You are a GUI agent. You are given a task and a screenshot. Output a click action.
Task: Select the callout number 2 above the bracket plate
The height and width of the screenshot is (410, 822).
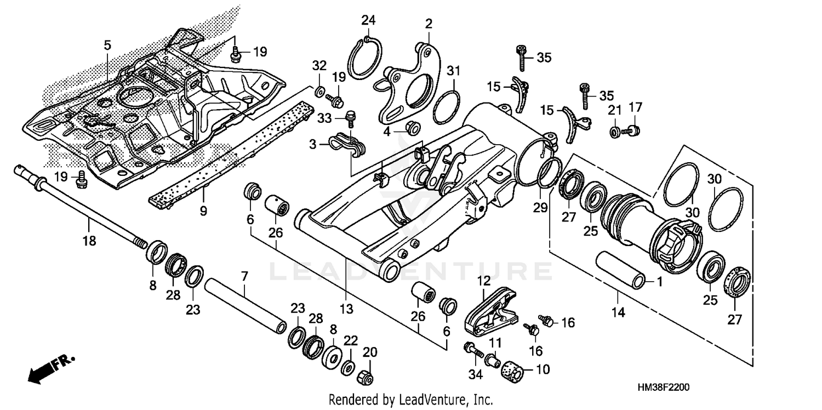[x=428, y=24]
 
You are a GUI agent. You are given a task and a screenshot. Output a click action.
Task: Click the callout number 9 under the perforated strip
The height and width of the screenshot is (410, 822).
[x=203, y=209]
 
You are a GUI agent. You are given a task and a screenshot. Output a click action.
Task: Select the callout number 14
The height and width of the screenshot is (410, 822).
[x=618, y=313]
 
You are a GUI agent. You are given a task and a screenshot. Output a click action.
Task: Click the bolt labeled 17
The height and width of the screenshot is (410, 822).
[x=633, y=130]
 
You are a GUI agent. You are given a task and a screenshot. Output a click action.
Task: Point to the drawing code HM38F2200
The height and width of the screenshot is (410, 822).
[x=663, y=387]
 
